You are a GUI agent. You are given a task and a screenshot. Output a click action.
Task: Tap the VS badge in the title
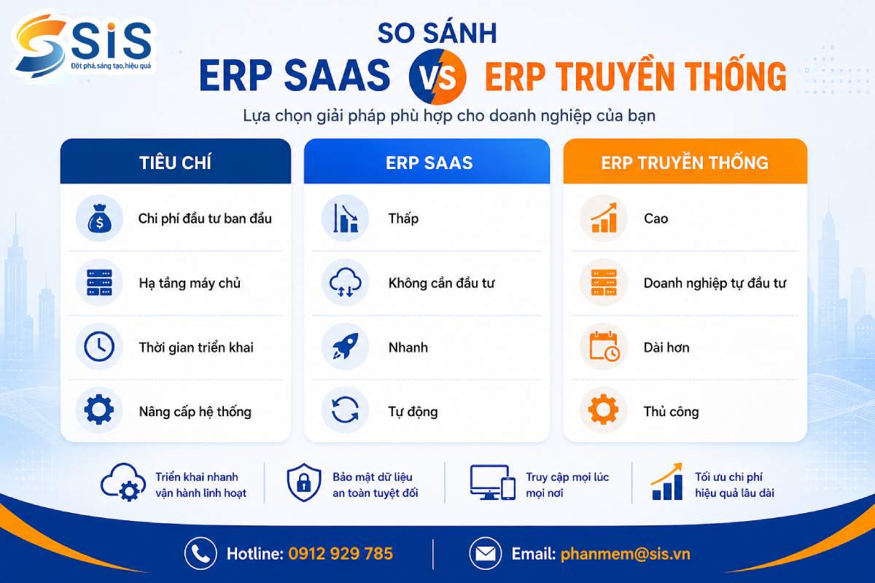pyautogui.click(x=437, y=77)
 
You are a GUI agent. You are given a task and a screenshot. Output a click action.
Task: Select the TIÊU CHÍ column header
pyautogui.click(x=176, y=162)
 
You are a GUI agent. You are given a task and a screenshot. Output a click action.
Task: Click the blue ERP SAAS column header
pyautogui.click(x=427, y=162)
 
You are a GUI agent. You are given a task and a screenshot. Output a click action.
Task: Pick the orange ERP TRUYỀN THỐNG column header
pyautogui.click(x=685, y=162)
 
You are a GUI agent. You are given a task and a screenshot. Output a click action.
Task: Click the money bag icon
pyautogui.click(x=99, y=219)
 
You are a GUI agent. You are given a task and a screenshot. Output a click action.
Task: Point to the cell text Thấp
pyautogui.click(x=403, y=219)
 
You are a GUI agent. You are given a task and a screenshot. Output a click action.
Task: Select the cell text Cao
pyautogui.click(x=656, y=219)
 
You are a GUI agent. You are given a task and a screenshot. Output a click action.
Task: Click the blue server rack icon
pyautogui.click(x=99, y=283)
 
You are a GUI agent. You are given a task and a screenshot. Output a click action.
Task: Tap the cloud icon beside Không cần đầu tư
pyautogui.click(x=346, y=283)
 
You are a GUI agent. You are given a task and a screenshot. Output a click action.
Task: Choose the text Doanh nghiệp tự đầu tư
pyautogui.click(x=715, y=283)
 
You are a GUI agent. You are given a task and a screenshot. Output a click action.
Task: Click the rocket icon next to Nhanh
pyautogui.click(x=346, y=346)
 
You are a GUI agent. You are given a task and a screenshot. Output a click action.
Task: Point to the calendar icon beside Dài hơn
pyautogui.click(x=604, y=346)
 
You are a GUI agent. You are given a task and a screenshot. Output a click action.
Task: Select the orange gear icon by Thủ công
pyautogui.click(x=604, y=410)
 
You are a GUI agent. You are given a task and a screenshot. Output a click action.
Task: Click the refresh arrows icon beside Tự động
pyautogui.click(x=345, y=410)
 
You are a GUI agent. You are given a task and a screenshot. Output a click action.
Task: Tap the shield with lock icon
pyautogui.click(x=304, y=482)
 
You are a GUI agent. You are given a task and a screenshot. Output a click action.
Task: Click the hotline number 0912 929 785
pyautogui.click(x=341, y=554)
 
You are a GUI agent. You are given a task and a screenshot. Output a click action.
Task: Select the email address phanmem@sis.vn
pyautogui.click(x=626, y=554)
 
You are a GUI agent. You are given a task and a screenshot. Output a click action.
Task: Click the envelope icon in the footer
pyautogui.click(x=485, y=554)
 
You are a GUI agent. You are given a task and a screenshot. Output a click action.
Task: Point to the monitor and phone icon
pyautogui.click(x=493, y=482)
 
